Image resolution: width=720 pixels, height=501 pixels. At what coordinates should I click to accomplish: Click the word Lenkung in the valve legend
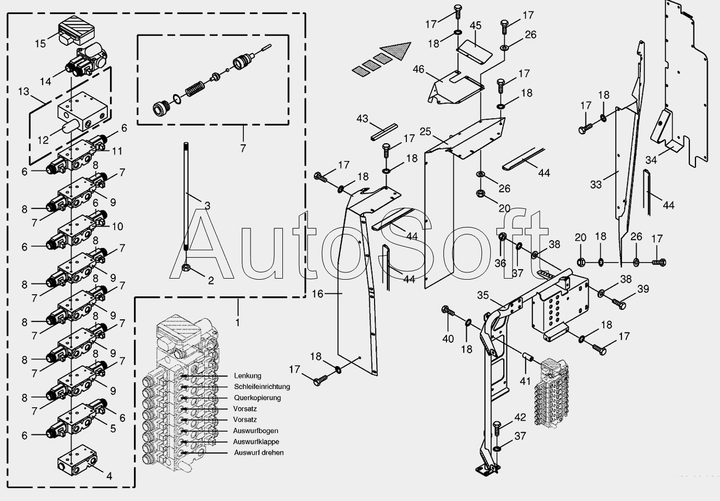(247, 375)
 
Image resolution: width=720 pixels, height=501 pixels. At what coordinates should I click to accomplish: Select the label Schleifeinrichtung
(262, 386)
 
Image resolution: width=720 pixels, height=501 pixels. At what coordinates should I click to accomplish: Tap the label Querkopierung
(257, 397)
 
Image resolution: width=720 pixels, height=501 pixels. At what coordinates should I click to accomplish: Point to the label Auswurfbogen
(255, 431)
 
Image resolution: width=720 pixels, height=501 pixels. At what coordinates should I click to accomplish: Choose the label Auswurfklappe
(256, 442)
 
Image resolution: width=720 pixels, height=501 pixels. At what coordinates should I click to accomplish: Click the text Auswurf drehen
(258, 453)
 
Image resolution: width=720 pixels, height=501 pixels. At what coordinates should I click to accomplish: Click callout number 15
(41, 44)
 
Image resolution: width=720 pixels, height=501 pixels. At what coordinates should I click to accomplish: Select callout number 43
(363, 119)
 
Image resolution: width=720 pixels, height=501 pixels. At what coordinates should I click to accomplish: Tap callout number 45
(475, 26)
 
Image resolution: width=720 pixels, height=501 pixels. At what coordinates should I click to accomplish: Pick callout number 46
(419, 69)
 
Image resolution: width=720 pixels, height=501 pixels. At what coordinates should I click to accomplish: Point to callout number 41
(525, 381)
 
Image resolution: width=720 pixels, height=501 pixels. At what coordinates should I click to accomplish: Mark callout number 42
(520, 418)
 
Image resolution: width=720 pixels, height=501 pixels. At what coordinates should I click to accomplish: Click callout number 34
(651, 160)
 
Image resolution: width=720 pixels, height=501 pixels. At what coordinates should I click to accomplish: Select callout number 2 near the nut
(210, 281)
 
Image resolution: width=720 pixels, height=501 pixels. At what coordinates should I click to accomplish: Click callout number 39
(643, 289)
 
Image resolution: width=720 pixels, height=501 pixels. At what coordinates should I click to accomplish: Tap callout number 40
(448, 339)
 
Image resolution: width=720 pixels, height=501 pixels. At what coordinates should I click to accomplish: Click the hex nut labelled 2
(185, 269)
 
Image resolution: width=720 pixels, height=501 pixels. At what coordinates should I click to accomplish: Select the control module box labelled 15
(76, 30)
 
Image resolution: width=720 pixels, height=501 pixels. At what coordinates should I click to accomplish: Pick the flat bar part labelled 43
(384, 132)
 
